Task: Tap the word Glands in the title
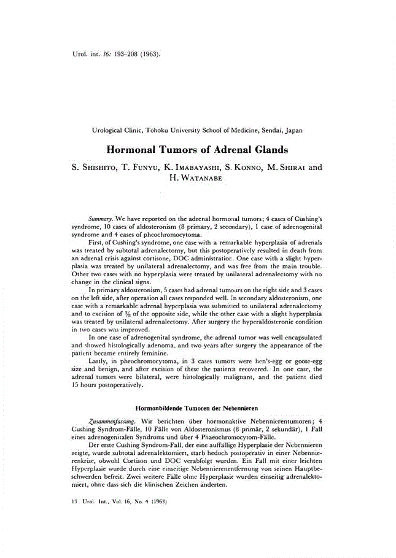270,149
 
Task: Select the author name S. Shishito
94,166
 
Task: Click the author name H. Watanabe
198,178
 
